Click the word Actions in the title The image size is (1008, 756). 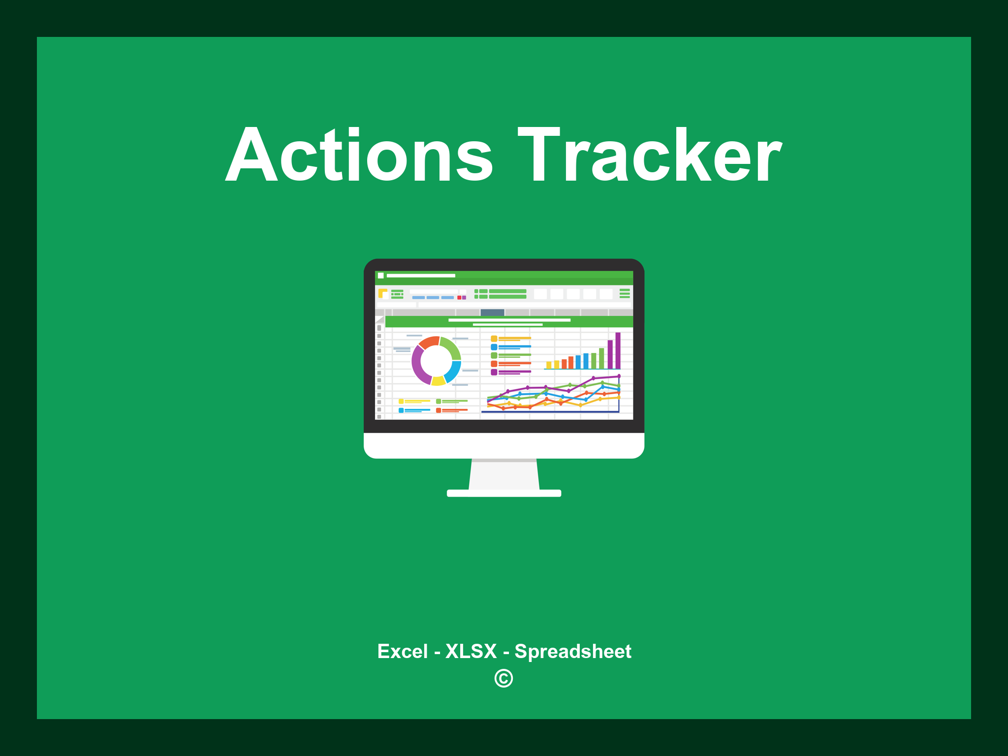point(359,155)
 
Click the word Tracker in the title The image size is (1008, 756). point(650,155)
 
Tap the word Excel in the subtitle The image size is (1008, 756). point(403,651)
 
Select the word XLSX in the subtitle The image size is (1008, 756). point(471,651)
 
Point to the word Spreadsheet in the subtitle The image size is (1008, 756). point(573,652)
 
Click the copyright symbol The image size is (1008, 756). point(504,678)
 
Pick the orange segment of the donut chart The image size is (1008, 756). point(429,342)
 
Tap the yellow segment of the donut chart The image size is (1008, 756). point(438,380)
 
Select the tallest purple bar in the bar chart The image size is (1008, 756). point(618,350)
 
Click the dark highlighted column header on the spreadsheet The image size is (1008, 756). point(492,313)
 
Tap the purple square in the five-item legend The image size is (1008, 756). point(494,372)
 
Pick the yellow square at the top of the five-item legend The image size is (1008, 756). point(494,339)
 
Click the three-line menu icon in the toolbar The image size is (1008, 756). point(625,293)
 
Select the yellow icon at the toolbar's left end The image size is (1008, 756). point(382,293)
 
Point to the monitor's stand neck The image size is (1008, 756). point(504,474)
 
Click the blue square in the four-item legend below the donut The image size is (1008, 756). point(401,410)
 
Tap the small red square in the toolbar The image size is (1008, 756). point(459,298)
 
